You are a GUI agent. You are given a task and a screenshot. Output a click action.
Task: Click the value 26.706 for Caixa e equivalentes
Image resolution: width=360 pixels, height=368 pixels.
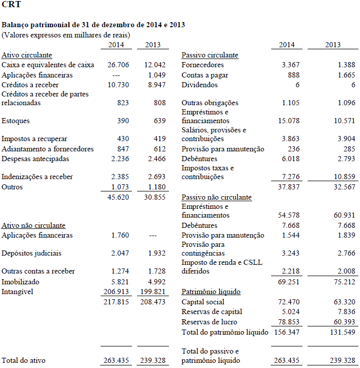click(118, 65)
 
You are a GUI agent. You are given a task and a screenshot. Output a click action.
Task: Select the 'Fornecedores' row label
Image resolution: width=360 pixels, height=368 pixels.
click(202, 65)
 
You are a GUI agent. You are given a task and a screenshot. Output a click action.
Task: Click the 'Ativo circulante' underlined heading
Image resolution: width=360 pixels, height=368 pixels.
click(27, 55)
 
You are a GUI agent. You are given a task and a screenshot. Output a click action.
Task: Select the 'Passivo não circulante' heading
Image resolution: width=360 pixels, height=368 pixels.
click(216, 197)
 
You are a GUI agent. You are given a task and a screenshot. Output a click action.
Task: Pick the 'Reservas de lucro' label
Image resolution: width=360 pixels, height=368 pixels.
click(210, 322)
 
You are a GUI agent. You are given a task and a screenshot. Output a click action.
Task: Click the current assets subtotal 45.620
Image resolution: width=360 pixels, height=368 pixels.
click(118, 197)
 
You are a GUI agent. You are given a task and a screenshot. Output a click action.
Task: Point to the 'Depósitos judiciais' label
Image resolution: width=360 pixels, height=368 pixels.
click(31, 254)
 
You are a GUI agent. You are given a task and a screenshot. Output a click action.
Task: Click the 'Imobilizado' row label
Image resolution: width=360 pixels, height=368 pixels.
click(20, 282)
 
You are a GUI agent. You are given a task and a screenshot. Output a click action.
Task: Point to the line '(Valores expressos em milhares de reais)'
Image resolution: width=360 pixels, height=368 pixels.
click(66, 35)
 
